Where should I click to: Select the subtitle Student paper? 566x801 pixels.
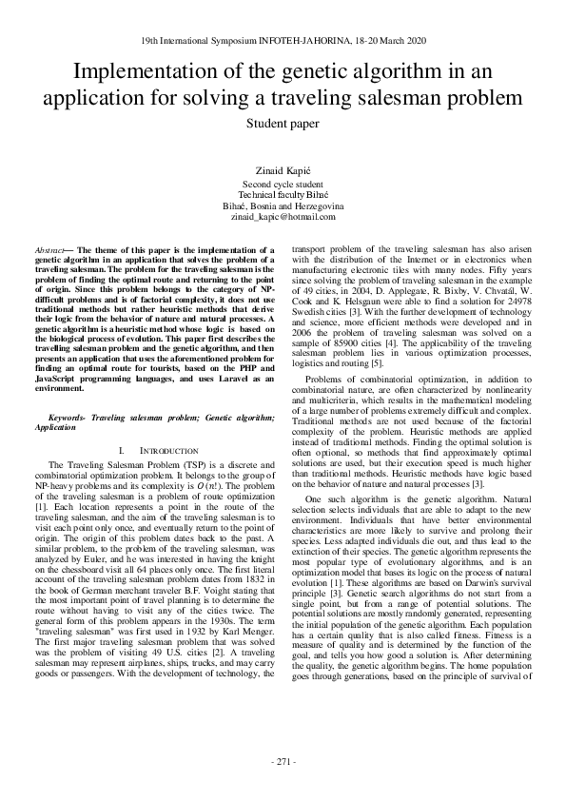click(283, 123)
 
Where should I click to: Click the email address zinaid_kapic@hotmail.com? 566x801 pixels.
click(283, 216)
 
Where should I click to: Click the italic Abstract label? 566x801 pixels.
click(49, 249)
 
